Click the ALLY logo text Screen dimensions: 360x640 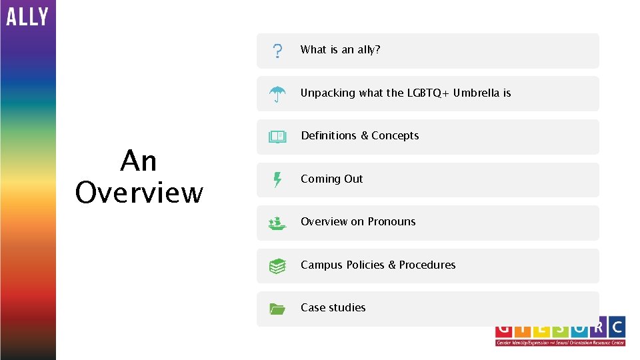click(27, 16)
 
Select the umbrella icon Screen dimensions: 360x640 click(277, 94)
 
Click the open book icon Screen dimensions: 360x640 click(277, 137)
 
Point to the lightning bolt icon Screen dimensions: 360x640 click(277, 179)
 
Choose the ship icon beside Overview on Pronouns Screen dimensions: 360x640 click(277, 223)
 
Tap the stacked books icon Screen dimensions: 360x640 click(277, 266)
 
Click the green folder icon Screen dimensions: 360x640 click(277, 309)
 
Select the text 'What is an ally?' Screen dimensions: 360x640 click(340, 49)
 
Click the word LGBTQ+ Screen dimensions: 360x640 click(428, 93)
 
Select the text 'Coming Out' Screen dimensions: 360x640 click(331, 179)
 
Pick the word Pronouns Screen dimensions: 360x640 click(391, 221)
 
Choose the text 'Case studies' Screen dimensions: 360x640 click(333, 307)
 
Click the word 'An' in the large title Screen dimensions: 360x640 click(139, 161)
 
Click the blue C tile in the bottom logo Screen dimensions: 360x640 click(616, 327)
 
